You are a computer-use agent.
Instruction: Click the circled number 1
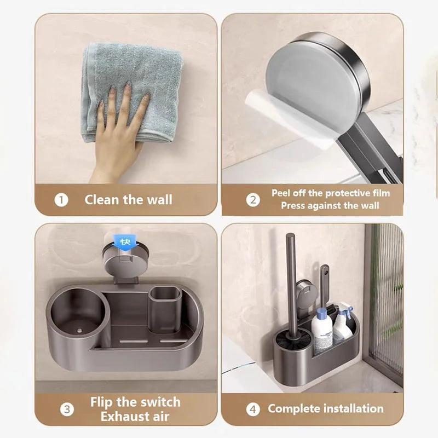click(x=61, y=200)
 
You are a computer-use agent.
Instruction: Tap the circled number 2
click(x=253, y=200)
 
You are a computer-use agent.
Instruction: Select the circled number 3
click(x=67, y=409)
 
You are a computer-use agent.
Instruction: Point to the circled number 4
click(x=253, y=409)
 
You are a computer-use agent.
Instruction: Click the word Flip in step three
click(x=101, y=402)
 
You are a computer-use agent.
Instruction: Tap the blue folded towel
click(x=131, y=92)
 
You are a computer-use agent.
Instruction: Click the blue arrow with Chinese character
click(x=126, y=242)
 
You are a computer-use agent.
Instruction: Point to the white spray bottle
click(x=343, y=324)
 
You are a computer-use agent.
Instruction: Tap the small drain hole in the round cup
click(x=79, y=331)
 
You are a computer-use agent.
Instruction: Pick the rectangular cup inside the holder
click(x=165, y=309)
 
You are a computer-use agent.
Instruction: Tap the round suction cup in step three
click(x=126, y=263)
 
